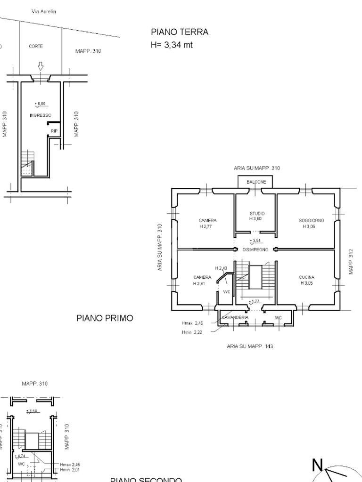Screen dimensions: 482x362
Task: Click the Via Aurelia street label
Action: [44, 11]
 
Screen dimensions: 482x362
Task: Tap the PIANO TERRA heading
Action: [180, 32]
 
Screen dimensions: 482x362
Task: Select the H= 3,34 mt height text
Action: [172, 45]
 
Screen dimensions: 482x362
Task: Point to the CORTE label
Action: [36, 47]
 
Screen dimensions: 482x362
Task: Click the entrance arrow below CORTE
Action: [41, 66]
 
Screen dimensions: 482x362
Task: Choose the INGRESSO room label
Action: [41, 115]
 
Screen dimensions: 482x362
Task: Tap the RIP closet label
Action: [54, 131]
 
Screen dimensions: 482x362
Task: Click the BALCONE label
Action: [256, 182]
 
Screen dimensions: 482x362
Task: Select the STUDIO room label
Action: [257, 214]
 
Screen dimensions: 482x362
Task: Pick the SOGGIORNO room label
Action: [311, 220]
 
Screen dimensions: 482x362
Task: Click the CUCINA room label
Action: [307, 277]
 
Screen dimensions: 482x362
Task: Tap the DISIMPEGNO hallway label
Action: [255, 249]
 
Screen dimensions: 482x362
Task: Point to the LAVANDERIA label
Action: [235, 318]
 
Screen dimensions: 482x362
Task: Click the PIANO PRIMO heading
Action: [105, 318]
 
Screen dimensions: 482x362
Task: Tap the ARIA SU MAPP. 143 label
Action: [250, 346]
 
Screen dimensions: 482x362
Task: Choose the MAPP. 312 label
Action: [351, 262]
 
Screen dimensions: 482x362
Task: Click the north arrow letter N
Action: [318, 466]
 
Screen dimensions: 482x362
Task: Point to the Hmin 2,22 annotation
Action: [192, 332]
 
